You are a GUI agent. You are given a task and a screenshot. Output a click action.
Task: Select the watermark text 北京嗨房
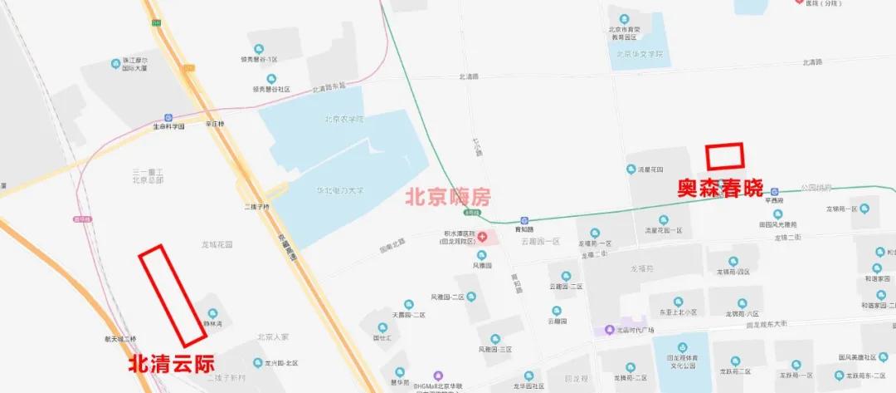[447, 198]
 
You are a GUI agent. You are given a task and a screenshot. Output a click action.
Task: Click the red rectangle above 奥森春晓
[724, 156]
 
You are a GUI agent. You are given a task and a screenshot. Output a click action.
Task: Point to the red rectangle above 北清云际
[172, 296]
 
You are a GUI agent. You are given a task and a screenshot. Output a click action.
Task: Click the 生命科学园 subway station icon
[168, 118]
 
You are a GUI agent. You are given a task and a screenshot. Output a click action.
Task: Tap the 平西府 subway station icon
[774, 190]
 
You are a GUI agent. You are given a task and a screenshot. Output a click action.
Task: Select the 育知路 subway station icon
[523, 220]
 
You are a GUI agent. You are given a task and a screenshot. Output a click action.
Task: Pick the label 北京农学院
[344, 119]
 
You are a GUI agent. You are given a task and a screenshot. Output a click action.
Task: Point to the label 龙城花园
[217, 245]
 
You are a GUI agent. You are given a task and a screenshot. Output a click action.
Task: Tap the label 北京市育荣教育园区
[624, 33]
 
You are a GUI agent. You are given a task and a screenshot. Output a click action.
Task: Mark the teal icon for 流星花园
[631, 169]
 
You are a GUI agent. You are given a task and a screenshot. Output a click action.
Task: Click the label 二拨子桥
[256, 206]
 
